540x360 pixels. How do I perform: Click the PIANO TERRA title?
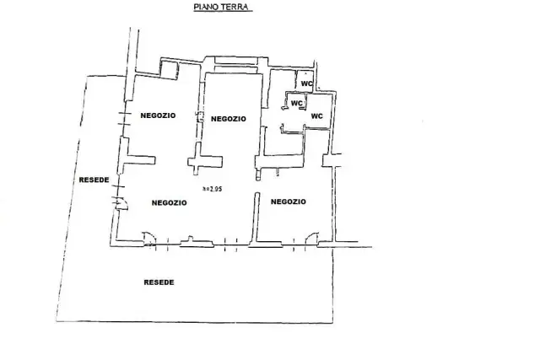(x=221, y=7)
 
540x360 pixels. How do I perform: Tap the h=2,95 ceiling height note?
(x=212, y=189)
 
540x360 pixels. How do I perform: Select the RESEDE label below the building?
(x=159, y=282)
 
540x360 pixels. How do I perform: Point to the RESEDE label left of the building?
(x=94, y=180)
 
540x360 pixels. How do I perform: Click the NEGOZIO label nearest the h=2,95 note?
(x=169, y=202)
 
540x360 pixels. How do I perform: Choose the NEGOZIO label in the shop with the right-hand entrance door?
(x=289, y=201)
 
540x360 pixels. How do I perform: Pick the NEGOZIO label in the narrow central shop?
(x=229, y=119)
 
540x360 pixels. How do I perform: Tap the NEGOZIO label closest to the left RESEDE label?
(x=158, y=116)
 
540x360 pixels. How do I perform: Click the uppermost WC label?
(x=306, y=83)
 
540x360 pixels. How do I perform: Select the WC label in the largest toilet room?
(x=317, y=116)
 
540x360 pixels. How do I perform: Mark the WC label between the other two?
(x=296, y=103)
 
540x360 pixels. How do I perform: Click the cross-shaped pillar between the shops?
(x=204, y=161)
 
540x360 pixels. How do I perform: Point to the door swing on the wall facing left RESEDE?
(x=121, y=203)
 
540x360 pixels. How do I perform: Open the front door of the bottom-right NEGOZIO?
(x=312, y=239)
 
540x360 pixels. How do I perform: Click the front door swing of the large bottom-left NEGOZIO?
(x=149, y=239)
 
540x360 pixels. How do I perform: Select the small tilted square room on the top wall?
(x=170, y=70)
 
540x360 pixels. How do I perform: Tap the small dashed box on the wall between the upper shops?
(x=200, y=116)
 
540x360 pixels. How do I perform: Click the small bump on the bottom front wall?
(x=190, y=238)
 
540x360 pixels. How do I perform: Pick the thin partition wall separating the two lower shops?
(x=256, y=218)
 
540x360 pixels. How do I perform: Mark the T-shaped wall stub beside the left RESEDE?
(x=137, y=159)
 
